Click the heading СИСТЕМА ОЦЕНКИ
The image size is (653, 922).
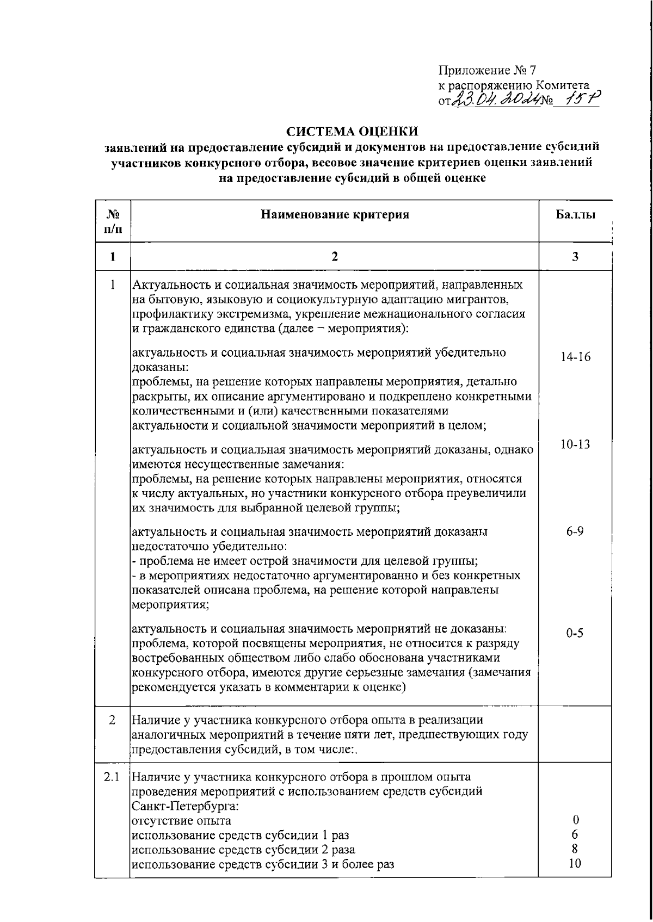pos(353,131)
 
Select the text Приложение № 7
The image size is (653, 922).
pos(487,71)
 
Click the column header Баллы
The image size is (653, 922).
pos(575,214)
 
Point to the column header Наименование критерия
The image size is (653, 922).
pos(335,214)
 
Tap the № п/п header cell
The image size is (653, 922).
pos(112,221)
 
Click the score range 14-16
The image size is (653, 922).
pos(575,357)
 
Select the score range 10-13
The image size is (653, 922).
pos(575,444)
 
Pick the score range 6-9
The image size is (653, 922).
pos(575,531)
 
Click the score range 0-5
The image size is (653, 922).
pos(575,633)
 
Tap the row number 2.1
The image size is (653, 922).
pos(112,777)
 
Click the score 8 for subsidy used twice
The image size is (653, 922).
pos(575,849)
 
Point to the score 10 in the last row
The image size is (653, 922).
pos(575,863)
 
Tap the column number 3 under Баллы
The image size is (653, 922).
pos(575,257)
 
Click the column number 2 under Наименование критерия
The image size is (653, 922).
pos(335,257)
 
